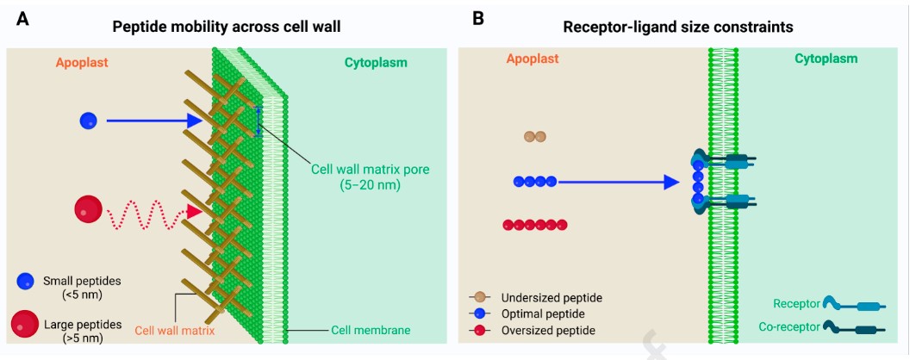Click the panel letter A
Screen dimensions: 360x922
(23, 17)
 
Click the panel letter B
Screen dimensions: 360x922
(478, 17)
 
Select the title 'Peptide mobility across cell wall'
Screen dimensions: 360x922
(227, 27)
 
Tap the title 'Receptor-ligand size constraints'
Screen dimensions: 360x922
(678, 27)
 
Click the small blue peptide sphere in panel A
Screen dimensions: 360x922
(88, 121)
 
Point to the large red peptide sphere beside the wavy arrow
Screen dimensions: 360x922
(88, 209)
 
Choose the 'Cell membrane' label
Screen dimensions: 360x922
(371, 330)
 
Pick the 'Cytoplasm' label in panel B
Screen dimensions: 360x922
(826, 59)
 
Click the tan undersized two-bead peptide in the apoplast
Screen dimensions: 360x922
(535, 136)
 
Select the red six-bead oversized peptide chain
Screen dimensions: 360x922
(535, 225)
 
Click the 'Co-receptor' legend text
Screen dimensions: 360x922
(788, 327)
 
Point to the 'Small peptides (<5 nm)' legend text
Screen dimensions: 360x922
(81, 288)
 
